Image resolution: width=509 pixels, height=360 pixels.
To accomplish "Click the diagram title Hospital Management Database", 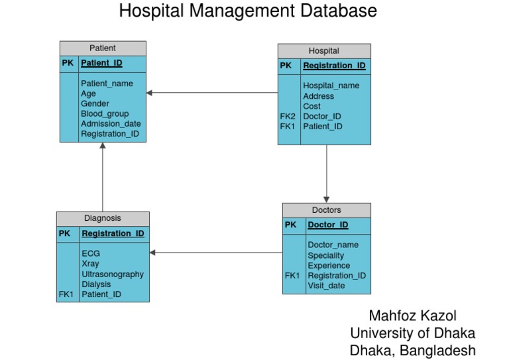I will click(248, 11).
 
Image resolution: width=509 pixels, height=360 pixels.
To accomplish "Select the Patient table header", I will click(103, 48).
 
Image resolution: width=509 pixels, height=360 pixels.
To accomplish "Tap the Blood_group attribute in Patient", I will click(105, 113).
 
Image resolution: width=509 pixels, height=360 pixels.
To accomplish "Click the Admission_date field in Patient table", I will click(111, 123).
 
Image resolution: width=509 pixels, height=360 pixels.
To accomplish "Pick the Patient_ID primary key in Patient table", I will click(101, 64).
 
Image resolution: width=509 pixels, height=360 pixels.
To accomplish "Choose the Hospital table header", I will click(323, 50).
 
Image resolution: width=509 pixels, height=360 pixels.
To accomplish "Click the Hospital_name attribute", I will click(331, 86).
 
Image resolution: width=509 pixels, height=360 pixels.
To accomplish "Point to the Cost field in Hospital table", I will click(311, 106).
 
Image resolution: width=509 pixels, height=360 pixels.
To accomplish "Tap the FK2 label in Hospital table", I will click(288, 116).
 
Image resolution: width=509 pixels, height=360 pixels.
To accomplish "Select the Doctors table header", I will click(326, 210).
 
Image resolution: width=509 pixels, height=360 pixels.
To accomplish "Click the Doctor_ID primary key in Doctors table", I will click(327, 225).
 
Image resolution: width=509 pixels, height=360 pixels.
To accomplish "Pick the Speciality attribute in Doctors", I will click(325, 255).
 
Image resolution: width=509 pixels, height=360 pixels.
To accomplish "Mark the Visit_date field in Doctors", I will click(326, 286).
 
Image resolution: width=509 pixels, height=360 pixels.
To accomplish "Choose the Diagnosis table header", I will click(103, 218).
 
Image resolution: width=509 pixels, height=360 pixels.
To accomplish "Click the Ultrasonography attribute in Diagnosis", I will click(113, 274).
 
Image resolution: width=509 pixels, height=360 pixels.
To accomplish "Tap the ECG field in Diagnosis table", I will click(91, 253).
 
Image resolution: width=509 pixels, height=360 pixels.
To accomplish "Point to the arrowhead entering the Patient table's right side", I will click(150, 93).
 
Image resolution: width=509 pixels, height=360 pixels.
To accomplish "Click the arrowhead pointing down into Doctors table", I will click(326, 199).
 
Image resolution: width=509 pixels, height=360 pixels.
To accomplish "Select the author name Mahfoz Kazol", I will click(412, 316).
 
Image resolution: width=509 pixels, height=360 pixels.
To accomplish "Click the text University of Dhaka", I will click(412, 333).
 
